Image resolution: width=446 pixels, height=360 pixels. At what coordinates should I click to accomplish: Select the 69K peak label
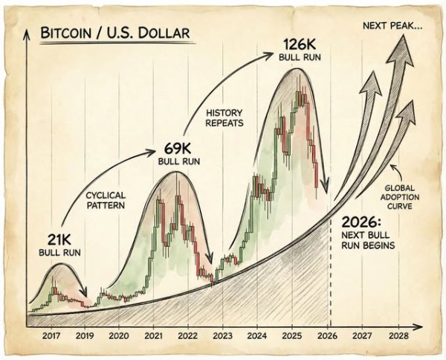click(175, 148)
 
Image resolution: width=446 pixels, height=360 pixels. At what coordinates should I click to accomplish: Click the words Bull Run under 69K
click(175, 161)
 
